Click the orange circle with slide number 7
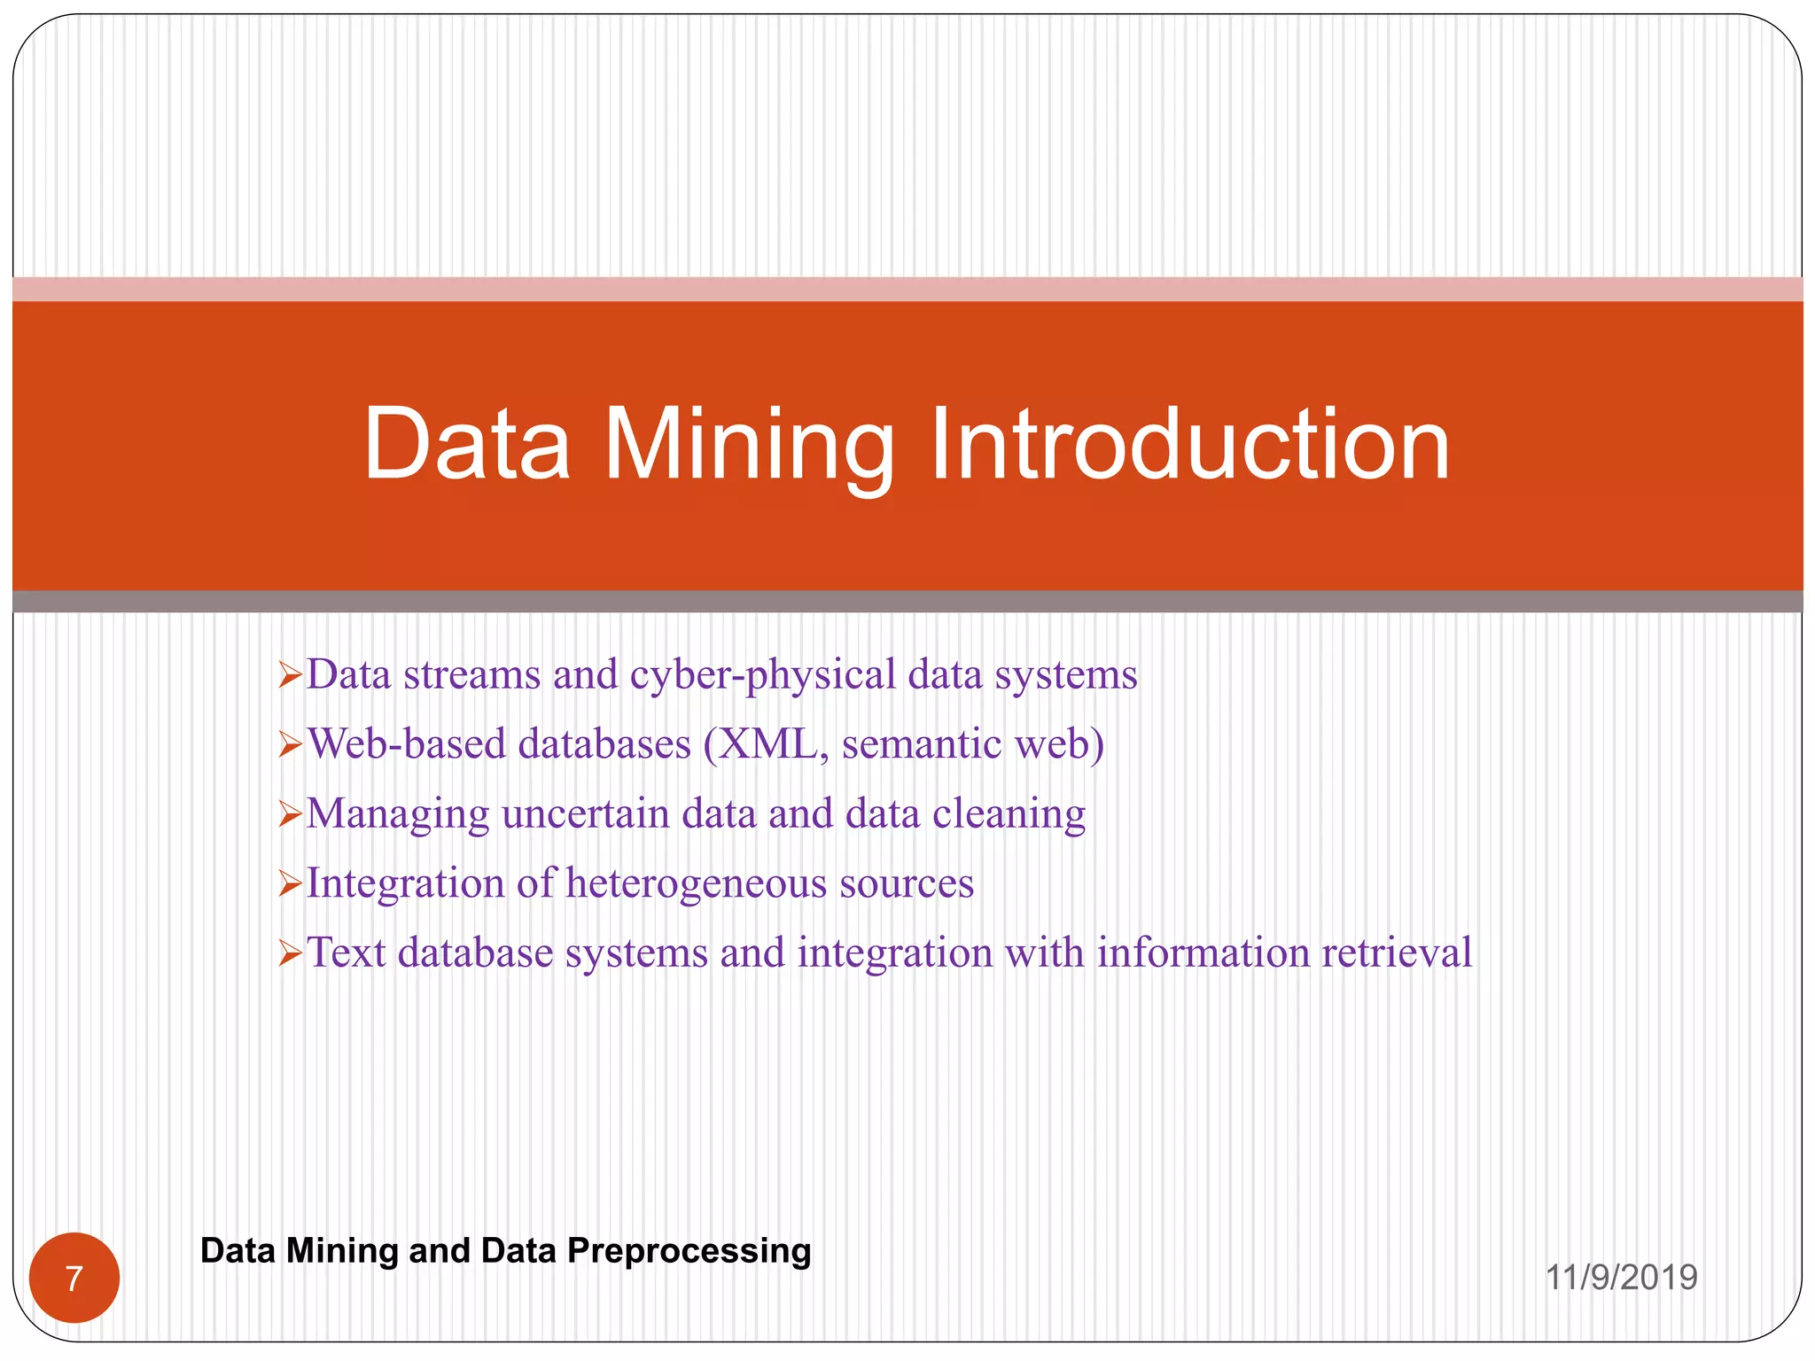74,1278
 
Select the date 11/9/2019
1621,1278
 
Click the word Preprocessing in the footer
689,1250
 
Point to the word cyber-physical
763,675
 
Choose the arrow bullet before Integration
291,884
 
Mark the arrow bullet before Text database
291,954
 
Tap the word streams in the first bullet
471,675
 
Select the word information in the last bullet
1204,953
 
